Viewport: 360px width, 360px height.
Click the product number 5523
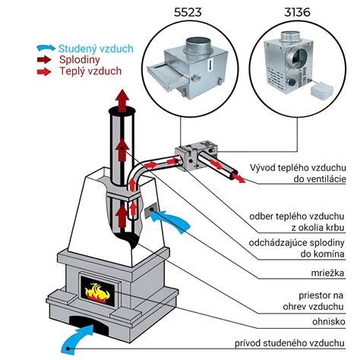pyautogui.click(x=188, y=12)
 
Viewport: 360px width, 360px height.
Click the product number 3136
pyautogui.click(x=297, y=12)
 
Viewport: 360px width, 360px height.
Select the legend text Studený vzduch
pyautogui.click(x=96, y=49)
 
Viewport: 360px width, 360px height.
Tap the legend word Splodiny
pyautogui.click(x=80, y=60)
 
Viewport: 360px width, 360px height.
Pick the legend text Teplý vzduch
pyautogui.click(x=90, y=71)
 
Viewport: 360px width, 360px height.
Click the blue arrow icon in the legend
pyautogui.click(x=46, y=48)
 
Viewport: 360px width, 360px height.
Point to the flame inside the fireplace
pyautogui.click(x=97, y=294)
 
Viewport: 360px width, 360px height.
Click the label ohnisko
pyautogui.click(x=329, y=322)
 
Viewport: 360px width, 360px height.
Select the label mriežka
pyautogui.click(x=327, y=273)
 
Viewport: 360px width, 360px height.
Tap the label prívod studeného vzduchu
pyautogui.click(x=289, y=343)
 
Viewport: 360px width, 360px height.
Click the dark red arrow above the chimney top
pyautogui.click(x=122, y=100)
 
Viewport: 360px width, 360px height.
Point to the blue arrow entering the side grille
pyautogui.click(x=169, y=220)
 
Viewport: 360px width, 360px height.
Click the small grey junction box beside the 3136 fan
pyautogui.click(x=322, y=90)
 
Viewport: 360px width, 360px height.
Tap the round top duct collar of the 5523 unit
pyautogui.click(x=198, y=46)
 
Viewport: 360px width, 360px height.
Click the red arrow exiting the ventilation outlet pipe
pyautogui.click(x=238, y=177)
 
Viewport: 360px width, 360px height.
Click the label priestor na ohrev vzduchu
pyautogui.click(x=314, y=301)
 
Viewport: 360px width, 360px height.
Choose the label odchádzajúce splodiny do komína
pyautogui.click(x=297, y=248)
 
